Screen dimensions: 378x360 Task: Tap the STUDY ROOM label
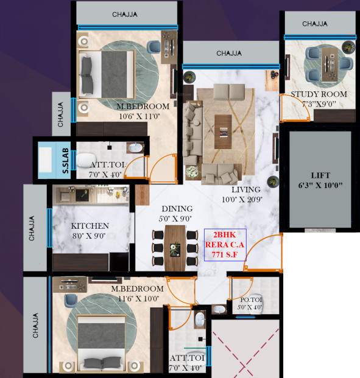[319, 94]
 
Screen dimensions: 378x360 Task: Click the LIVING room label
[241, 190]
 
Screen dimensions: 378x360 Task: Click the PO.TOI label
[250, 300]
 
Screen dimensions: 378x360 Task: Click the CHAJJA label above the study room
[314, 24]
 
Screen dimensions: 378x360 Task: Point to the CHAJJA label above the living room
[229, 53]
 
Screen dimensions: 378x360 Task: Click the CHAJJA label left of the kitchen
[34, 225]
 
